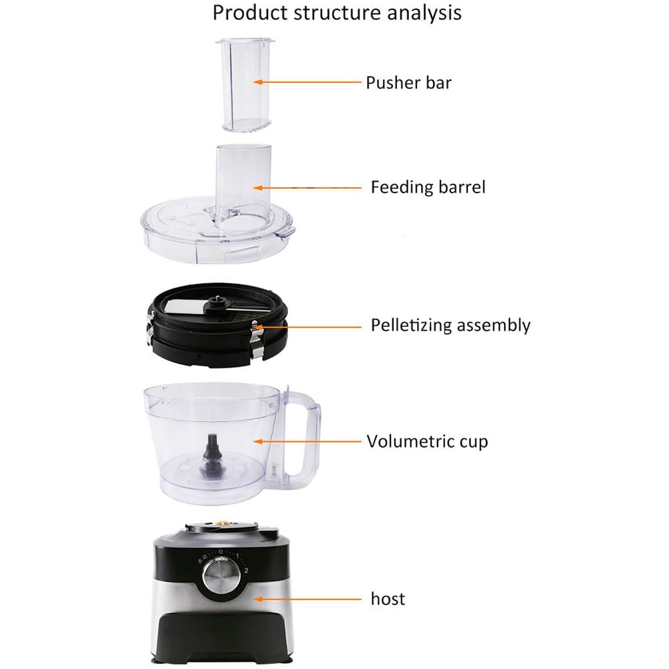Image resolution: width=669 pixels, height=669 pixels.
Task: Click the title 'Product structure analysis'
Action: coord(337,13)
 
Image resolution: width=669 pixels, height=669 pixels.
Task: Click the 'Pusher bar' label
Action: coord(408,83)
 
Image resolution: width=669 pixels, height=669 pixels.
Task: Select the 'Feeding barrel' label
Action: coord(428,187)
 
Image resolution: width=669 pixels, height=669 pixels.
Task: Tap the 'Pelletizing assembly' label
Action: coord(450,325)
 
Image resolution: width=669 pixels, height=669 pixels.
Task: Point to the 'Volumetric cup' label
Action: coord(427,441)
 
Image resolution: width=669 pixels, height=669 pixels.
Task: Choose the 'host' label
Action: coord(388,599)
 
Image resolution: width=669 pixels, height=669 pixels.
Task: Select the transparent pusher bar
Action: coord(245,84)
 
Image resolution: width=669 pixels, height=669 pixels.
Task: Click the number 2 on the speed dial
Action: coord(246,571)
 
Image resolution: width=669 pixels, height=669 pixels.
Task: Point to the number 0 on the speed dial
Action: coord(220,551)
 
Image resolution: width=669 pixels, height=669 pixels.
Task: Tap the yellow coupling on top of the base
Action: coord(223,522)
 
